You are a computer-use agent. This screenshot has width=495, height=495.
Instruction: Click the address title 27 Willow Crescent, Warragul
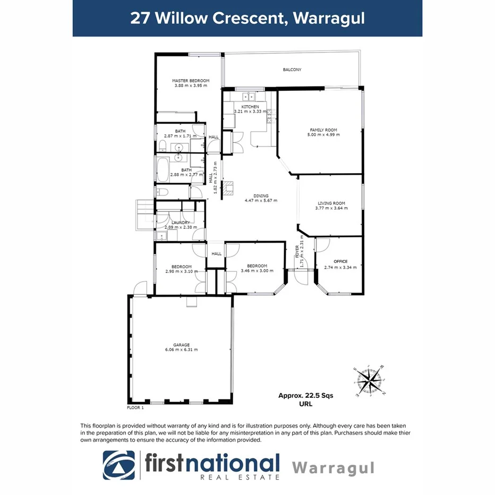click(247, 18)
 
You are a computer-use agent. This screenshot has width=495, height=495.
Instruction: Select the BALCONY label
click(292, 70)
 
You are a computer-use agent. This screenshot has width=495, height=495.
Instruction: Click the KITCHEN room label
click(250, 107)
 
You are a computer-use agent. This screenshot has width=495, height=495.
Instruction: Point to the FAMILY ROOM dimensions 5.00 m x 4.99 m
click(323, 135)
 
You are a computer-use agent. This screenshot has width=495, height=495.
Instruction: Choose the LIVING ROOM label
click(331, 203)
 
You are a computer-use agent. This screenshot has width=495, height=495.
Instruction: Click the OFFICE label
click(340, 261)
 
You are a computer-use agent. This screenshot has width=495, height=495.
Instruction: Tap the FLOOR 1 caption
click(135, 408)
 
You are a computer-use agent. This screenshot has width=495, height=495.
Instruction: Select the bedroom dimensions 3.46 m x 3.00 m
click(257, 271)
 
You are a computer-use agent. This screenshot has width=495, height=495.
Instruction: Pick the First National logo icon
click(118, 465)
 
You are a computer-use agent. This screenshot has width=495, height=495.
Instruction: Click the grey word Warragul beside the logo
click(333, 468)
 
